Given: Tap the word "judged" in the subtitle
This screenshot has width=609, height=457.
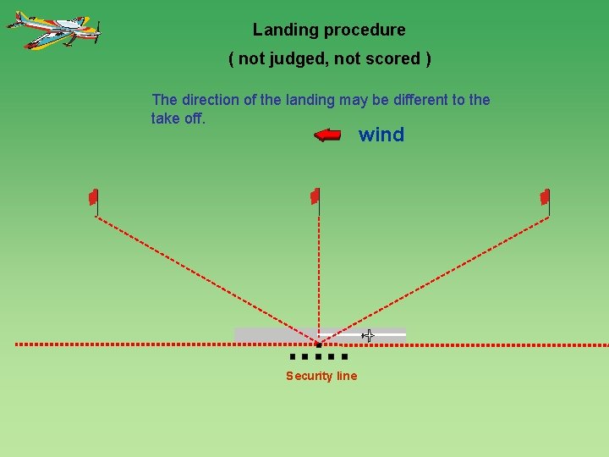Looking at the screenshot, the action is (x=290, y=59).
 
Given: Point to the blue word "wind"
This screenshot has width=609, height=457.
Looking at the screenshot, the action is (x=381, y=135).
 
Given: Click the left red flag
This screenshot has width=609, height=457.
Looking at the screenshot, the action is (x=94, y=197).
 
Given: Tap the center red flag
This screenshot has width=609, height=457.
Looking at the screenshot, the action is (x=315, y=196).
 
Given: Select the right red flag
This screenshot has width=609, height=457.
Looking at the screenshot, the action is (x=545, y=197).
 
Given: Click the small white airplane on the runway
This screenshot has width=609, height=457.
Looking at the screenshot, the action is (x=368, y=336).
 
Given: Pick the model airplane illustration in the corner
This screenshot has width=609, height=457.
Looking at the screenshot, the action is (x=55, y=30).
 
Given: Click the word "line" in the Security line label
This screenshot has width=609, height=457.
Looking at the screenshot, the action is (x=348, y=376).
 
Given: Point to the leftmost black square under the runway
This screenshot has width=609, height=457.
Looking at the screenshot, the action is (x=292, y=357).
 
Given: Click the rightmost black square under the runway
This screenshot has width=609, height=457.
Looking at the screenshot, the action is (x=344, y=357).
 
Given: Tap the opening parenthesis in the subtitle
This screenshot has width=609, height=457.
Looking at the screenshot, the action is (x=232, y=59).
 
